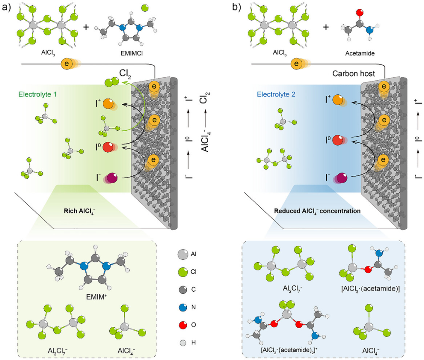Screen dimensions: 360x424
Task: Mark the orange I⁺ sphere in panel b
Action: pyautogui.click(x=338, y=101)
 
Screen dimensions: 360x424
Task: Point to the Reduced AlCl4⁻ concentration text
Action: pyautogui.click(x=317, y=211)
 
